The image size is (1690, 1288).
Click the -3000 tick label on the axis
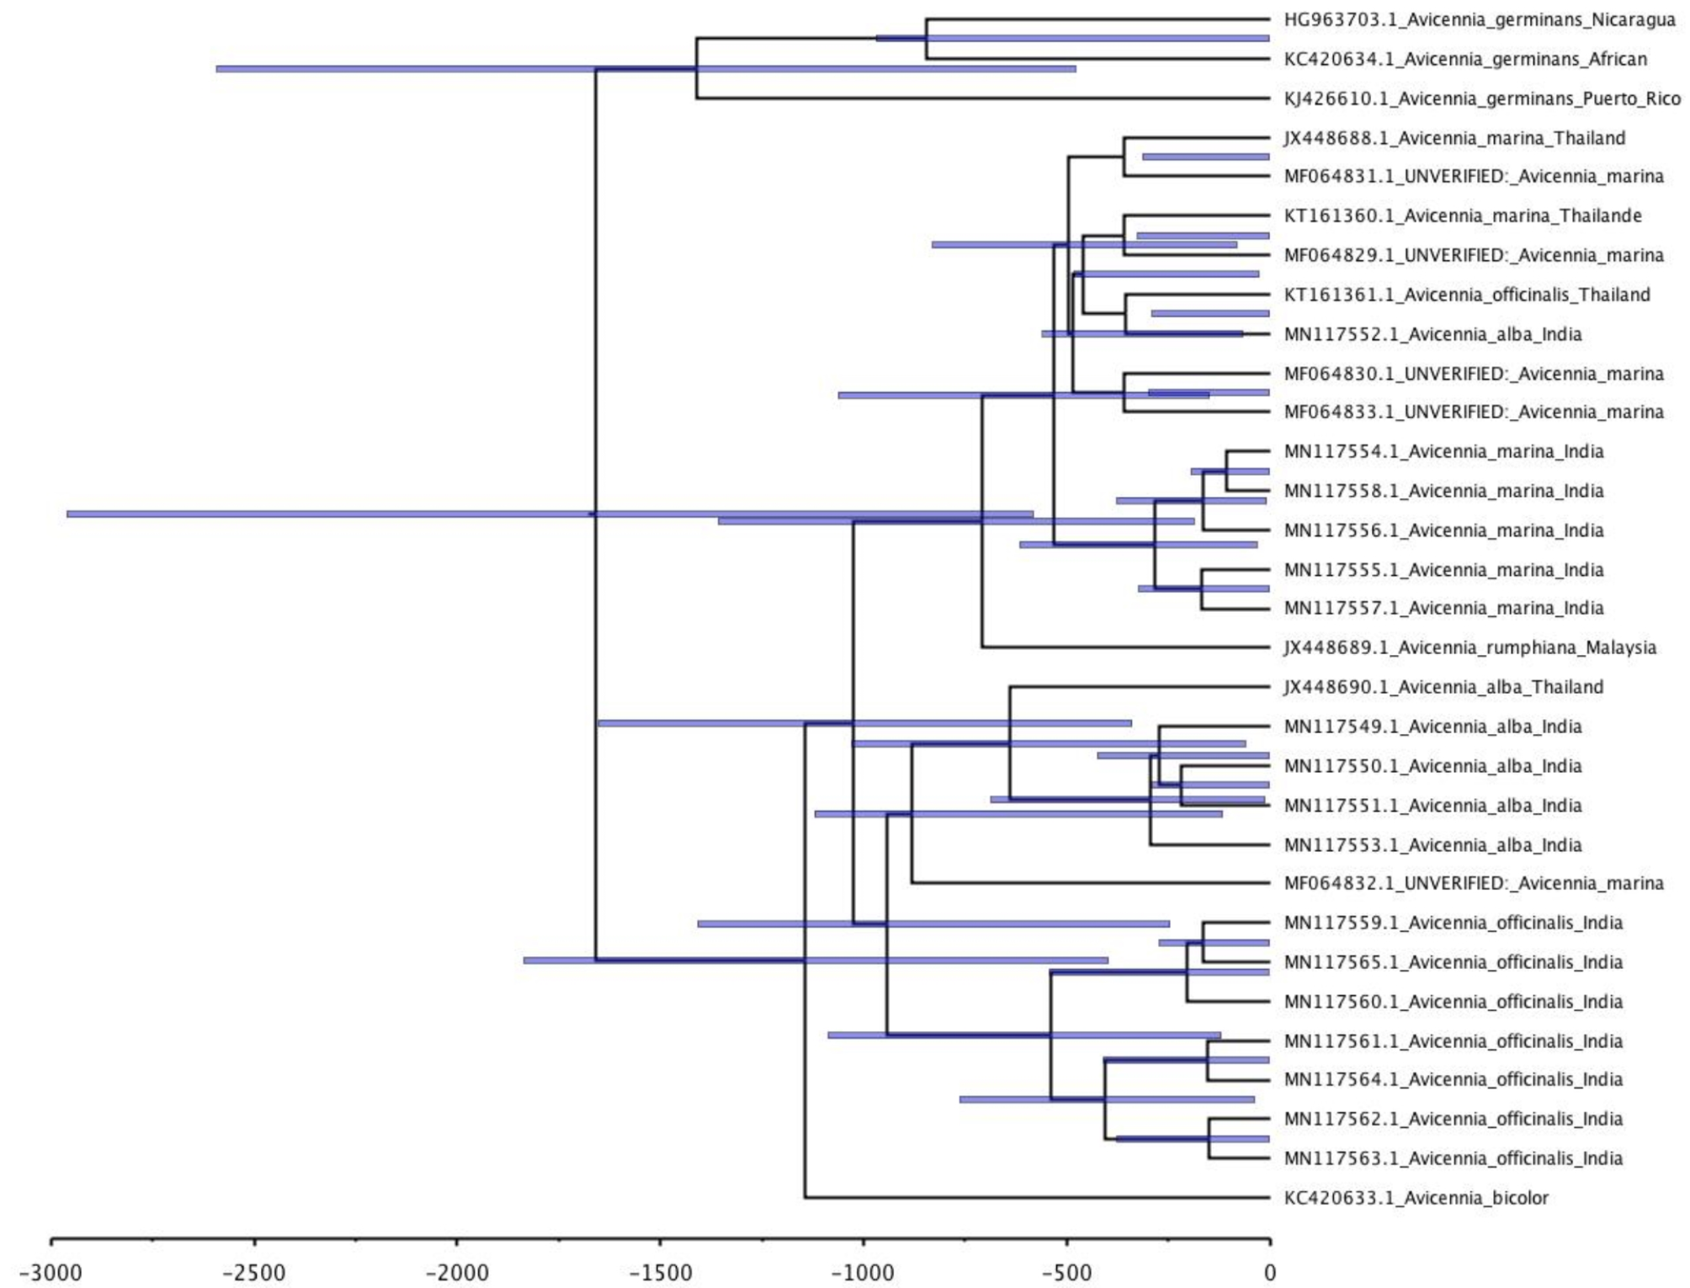[x=51, y=1272]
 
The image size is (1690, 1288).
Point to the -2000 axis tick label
[x=457, y=1272]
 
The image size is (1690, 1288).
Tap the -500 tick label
[x=1066, y=1272]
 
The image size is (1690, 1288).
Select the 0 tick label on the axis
[x=1269, y=1272]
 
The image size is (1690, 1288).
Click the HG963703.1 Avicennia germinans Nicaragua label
[x=1479, y=19]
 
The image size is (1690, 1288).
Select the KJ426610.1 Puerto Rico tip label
[x=1481, y=98]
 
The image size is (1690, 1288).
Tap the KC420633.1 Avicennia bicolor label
[x=1416, y=1197]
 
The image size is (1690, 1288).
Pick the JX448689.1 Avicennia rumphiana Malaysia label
[x=1469, y=647]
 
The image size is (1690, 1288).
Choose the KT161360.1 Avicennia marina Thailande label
[x=1462, y=216]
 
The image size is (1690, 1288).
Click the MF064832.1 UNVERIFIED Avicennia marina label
[x=1473, y=883]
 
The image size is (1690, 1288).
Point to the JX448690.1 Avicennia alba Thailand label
[x=1443, y=687]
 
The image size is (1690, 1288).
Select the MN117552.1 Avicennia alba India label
[x=1432, y=334]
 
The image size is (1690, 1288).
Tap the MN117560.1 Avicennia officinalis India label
[x=1453, y=1002]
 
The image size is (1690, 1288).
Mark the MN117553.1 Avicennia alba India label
[x=1432, y=845]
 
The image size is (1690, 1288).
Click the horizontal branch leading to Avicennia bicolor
[x=1035, y=1197]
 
